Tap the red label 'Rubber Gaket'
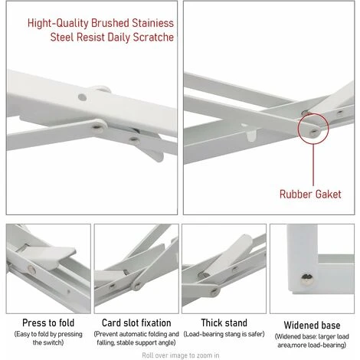(x=309, y=195)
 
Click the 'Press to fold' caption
(x=44, y=323)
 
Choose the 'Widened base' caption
(x=312, y=325)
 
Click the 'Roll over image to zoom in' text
(x=180, y=355)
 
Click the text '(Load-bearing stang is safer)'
(x=223, y=334)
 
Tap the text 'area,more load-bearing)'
(x=312, y=344)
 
